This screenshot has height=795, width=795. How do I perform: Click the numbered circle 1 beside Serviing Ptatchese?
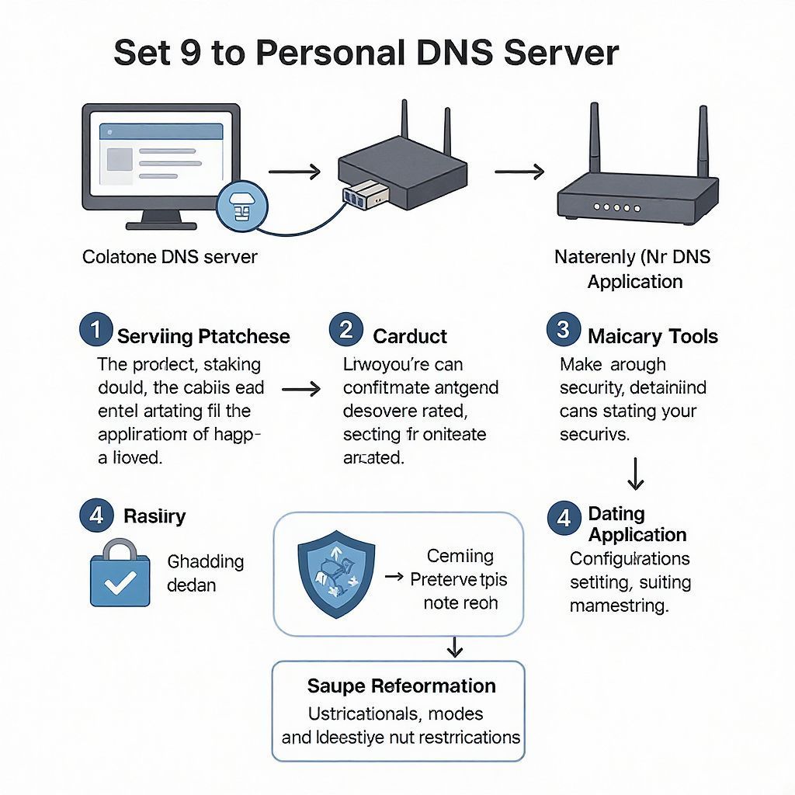tap(95, 331)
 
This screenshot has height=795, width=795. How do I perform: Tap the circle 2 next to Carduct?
tap(346, 331)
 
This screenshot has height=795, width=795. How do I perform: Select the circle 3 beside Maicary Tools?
tap(564, 331)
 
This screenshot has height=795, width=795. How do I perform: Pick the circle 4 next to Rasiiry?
tap(96, 516)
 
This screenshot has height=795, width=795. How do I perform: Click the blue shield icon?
tap(335, 574)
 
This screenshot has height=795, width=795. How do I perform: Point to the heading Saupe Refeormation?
tap(401, 686)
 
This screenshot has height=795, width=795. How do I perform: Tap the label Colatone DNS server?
tap(170, 257)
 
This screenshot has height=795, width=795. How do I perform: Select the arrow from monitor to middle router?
tap(294, 172)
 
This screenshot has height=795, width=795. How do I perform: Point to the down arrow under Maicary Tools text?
tap(636, 473)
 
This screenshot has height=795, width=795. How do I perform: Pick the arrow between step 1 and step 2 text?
tap(300, 388)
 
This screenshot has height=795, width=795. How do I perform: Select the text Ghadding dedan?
tap(205, 572)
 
